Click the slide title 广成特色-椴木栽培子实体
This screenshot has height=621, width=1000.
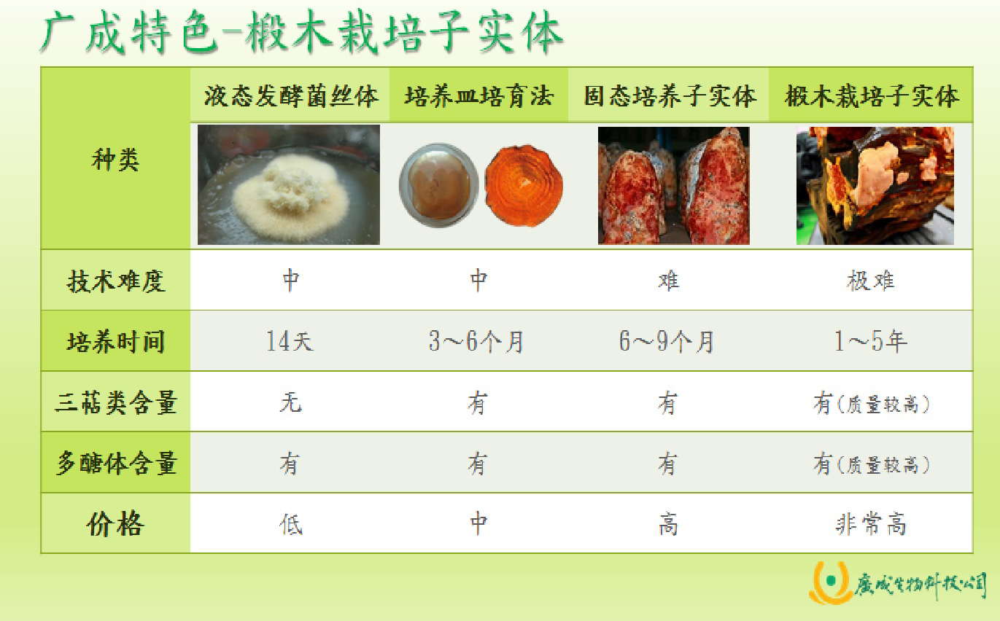pyautogui.click(x=302, y=34)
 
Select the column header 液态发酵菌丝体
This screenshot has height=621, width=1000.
pyautogui.click(x=291, y=96)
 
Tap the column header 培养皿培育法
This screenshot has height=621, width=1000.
pyautogui.click(x=479, y=96)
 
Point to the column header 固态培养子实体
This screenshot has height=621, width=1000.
pyautogui.click(x=670, y=96)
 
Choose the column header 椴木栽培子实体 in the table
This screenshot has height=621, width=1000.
pyautogui.click(x=872, y=96)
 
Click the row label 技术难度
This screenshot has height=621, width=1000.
pyautogui.click(x=116, y=281)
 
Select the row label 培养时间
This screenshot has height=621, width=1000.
pyautogui.click(x=116, y=342)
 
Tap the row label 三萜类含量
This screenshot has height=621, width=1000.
pyautogui.click(x=116, y=402)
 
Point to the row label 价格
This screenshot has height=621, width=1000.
pyautogui.click(x=116, y=524)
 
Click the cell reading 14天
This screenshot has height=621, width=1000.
pyautogui.click(x=290, y=342)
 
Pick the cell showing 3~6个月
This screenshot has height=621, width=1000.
pyautogui.click(x=476, y=342)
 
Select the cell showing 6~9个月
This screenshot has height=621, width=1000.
pyautogui.click(x=667, y=342)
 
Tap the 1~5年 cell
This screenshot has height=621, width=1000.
pyautogui.click(x=871, y=342)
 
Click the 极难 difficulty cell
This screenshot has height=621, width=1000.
pyautogui.click(x=871, y=281)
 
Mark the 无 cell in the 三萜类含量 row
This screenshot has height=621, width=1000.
pyautogui.click(x=290, y=402)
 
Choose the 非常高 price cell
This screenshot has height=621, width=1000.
pyautogui.click(x=871, y=524)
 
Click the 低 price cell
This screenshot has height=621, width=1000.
pyautogui.click(x=290, y=524)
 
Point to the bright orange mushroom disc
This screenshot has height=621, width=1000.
pyautogui.click(x=524, y=185)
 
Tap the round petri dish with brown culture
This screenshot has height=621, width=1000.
pyautogui.click(x=439, y=185)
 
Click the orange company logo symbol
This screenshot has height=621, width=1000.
pyautogui.click(x=830, y=582)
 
